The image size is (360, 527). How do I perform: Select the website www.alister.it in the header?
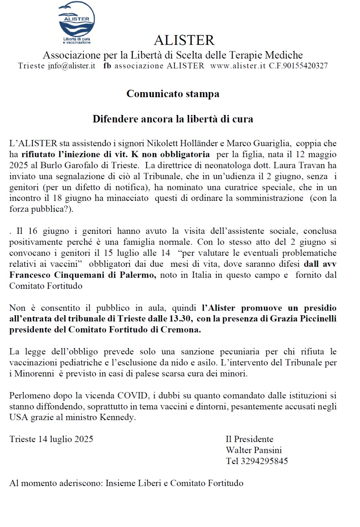coord(238,66)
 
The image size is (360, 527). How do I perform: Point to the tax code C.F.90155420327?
coord(298,66)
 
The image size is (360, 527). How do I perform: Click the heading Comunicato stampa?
coord(173,94)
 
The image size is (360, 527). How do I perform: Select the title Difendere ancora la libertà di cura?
coord(173,119)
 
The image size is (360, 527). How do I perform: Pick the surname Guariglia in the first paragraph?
coord(271,143)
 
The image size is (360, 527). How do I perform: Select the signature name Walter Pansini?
coord(254,450)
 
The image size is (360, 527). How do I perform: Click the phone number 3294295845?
coord(264,461)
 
